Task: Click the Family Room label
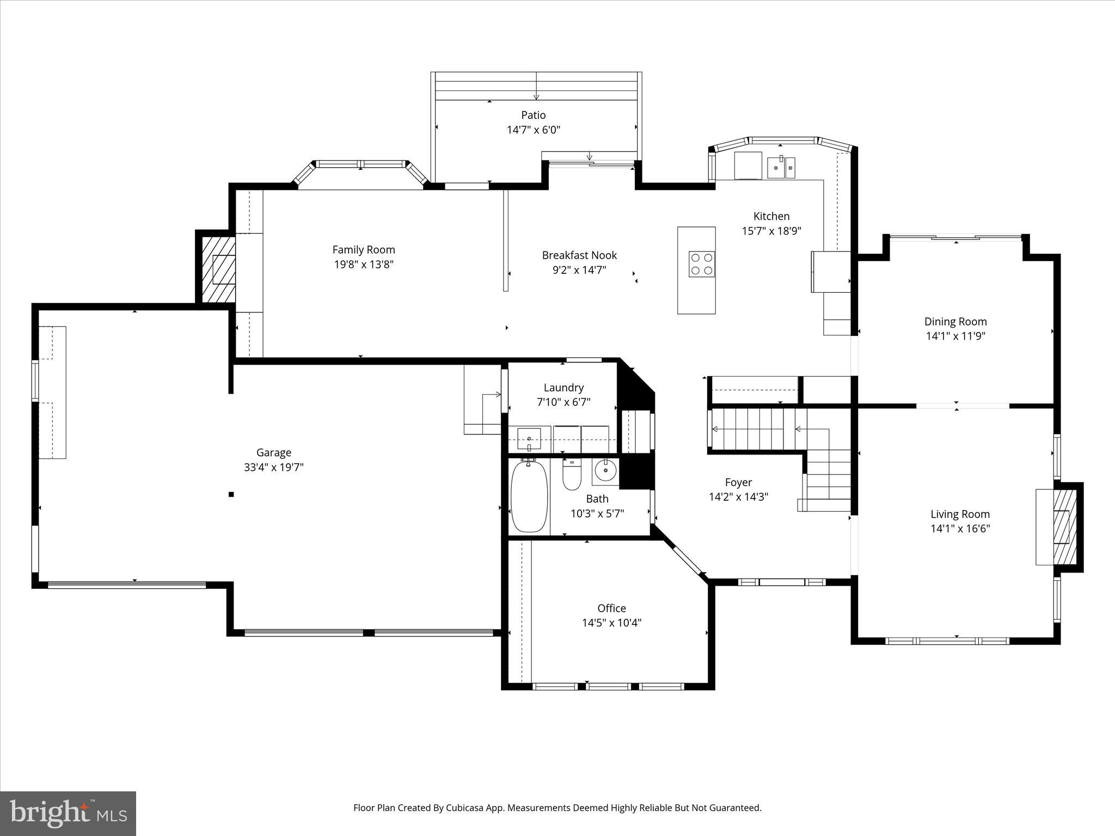(364, 250)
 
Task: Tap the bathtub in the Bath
(529, 496)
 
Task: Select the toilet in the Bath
(572, 475)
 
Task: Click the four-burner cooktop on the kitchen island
(701, 264)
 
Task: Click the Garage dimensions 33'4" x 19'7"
(273, 467)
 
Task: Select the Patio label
(533, 115)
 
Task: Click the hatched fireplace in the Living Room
(1065, 527)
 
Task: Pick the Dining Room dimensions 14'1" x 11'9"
(955, 336)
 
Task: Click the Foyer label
(738, 482)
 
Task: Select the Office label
(611, 608)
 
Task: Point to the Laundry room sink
(529, 438)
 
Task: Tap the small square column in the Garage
(231, 494)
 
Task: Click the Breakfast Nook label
(579, 255)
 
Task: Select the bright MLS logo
(68, 813)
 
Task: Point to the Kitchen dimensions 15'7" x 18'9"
(771, 231)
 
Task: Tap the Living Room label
(960, 514)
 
